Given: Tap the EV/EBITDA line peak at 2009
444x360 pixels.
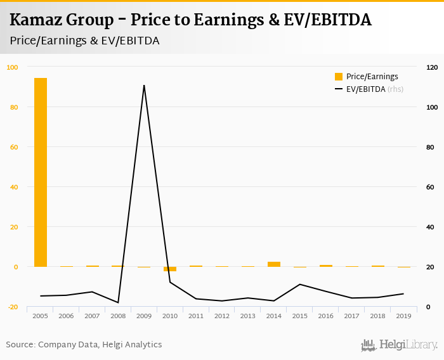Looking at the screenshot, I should coord(144,86).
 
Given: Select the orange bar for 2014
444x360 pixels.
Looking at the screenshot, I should coord(273,264).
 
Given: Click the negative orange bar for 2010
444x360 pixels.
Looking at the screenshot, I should coord(170,269).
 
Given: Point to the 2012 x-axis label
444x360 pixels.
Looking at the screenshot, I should coord(222,316).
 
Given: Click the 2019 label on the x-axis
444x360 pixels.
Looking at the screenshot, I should coord(403,316).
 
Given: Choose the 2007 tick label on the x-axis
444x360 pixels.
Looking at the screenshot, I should coord(92,316).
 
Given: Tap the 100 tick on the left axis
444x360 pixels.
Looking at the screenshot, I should coord(13,67).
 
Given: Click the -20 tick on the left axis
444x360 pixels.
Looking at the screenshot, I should coord(13,307).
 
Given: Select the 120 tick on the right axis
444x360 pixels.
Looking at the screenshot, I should coord(432,67).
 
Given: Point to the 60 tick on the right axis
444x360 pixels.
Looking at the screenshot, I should coord(430,187).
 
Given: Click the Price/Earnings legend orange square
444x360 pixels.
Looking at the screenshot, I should coord(339,77).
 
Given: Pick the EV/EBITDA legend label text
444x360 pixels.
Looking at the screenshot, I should coord(365,89).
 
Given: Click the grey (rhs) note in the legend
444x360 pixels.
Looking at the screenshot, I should coord(395,89).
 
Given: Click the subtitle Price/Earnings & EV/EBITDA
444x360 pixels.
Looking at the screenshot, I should coord(84,41).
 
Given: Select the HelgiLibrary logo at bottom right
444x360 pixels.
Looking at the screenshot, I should coord(400,345).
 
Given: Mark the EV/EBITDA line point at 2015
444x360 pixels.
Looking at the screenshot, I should coord(299,285).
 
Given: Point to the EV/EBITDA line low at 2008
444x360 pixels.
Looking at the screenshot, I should coord(118,302).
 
